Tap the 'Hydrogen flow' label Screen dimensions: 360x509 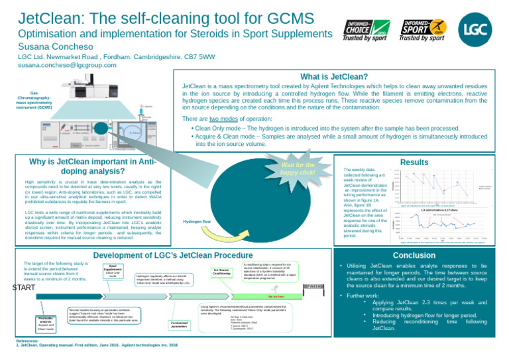point(198,221)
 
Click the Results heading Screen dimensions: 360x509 point(433,161)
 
